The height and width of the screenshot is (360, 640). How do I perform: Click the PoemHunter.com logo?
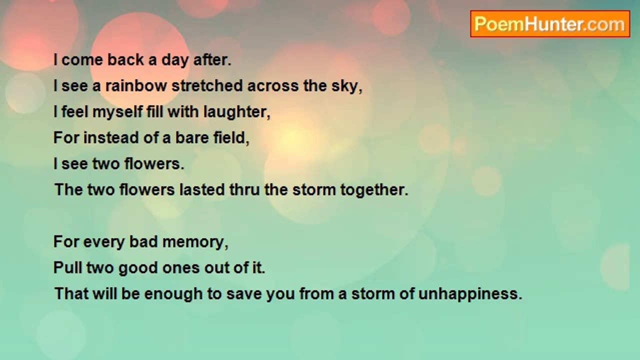click(x=549, y=24)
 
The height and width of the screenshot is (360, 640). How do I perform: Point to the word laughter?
click(x=236, y=112)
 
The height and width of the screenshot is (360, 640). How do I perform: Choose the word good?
click(x=136, y=268)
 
